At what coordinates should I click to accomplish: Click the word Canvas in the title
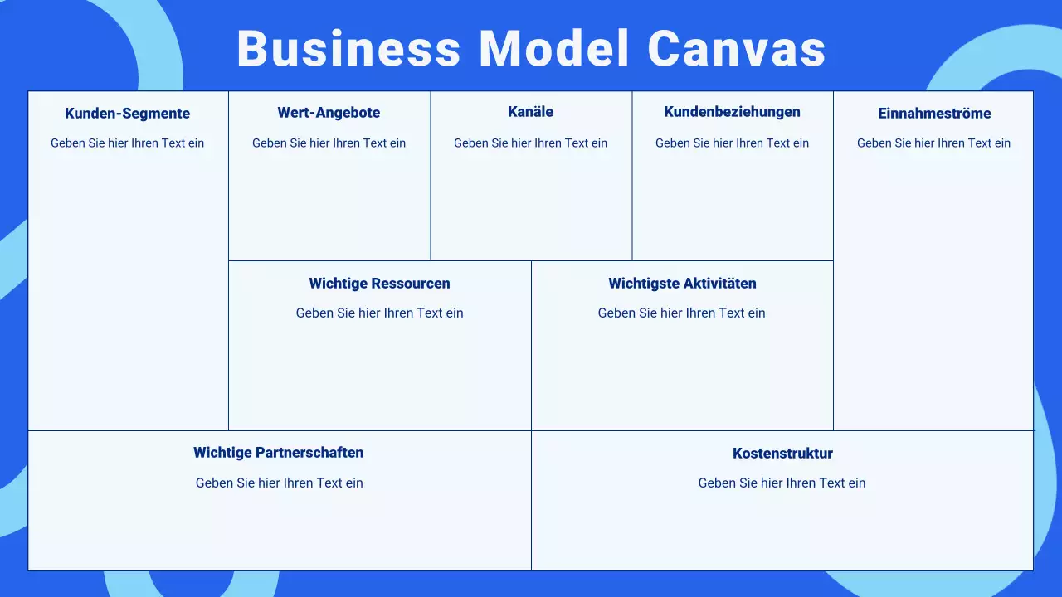click(736, 49)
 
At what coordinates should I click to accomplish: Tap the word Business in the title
click(348, 49)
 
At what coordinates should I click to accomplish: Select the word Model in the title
click(554, 49)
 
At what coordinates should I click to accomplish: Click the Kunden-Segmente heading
click(127, 114)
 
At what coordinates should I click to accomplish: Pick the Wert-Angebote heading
click(329, 113)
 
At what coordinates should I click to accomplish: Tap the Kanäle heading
click(530, 112)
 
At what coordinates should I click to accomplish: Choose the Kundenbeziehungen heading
click(732, 112)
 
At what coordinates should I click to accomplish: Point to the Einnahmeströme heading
click(934, 114)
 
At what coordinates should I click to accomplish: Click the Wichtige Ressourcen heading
click(379, 284)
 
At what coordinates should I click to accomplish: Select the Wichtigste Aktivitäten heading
click(682, 284)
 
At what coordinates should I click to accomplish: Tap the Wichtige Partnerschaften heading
click(279, 453)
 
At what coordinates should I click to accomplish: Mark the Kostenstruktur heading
click(782, 454)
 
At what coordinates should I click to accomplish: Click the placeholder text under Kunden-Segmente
click(127, 143)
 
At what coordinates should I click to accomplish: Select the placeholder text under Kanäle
click(530, 143)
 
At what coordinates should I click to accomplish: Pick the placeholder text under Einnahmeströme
click(933, 143)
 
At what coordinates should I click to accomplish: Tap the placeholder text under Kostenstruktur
click(782, 483)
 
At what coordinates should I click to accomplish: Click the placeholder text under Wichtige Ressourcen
click(379, 313)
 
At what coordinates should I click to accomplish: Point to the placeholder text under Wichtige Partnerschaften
click(279, 483)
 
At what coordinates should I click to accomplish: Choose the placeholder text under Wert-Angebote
click(329, 143)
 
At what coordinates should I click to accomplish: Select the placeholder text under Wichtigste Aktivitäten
click(681, 313)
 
